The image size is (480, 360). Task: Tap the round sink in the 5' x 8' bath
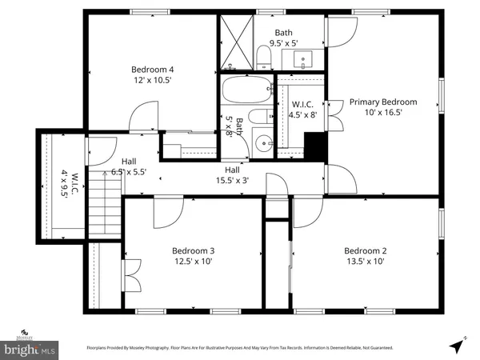coord(263,146)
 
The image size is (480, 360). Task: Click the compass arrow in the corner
coord(458,345)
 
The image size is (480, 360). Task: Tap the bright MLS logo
coord(30,349)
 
